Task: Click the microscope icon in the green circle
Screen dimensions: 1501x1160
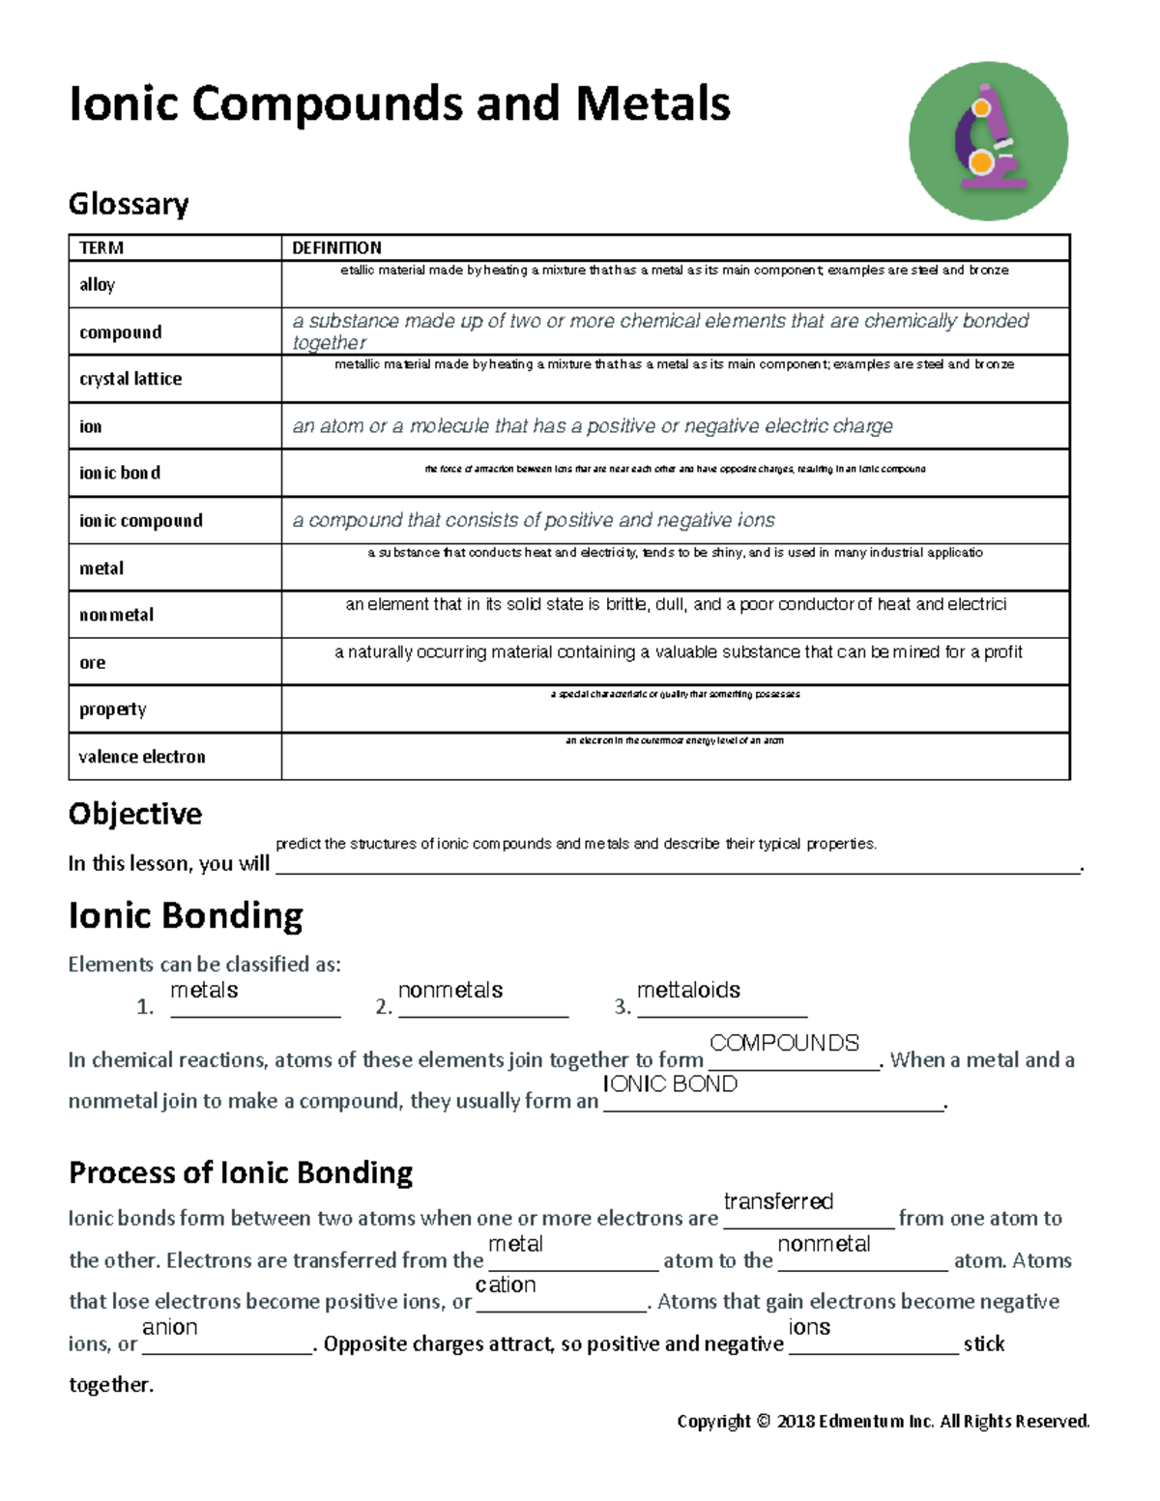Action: [988, 141]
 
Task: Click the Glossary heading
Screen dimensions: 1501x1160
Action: [129, 204]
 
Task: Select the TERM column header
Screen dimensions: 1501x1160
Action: [101, 248]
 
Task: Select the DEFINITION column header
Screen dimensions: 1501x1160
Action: [336, 248]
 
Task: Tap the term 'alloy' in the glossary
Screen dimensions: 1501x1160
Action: [97, 284]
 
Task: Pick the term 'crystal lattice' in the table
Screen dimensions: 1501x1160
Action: [130, 379]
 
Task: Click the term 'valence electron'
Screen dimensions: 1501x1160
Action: [142, 757]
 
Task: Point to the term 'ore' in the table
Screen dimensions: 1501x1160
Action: [93, 663]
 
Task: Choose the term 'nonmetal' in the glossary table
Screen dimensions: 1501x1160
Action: [116, 615]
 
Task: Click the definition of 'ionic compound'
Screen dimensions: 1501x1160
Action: [534, 521]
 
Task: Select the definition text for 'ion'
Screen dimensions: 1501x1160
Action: [593, 426]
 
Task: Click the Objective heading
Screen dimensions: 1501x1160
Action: [135, 814]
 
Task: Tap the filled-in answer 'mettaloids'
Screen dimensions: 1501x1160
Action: [688, 991]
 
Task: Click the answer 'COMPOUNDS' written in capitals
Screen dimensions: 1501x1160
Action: [784, 1043]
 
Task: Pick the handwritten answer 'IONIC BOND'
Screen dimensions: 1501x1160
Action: [670, 1084]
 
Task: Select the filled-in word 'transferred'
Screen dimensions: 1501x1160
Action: [778, 1201]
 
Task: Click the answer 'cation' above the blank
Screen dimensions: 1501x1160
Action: [506, 1285]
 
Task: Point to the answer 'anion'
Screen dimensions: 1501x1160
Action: [170, 1327]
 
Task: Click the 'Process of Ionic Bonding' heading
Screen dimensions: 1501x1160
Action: [241, 1172]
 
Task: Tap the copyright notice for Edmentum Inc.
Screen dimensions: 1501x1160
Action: [883, 1421]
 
